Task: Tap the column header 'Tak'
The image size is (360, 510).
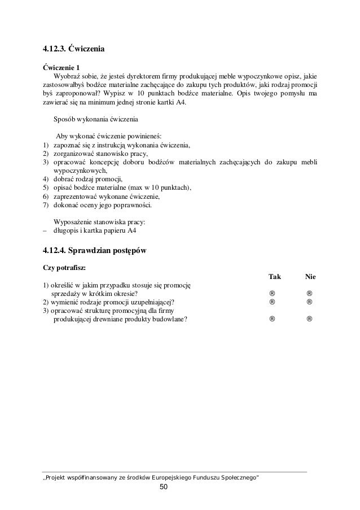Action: [x=274, y=277]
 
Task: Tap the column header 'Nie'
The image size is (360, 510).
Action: [x=310, y=277]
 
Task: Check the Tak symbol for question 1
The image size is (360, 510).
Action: [x=273, y=293]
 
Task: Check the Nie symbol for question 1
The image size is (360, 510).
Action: [x=310, y=293]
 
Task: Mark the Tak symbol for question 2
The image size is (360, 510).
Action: [x=273, y=302]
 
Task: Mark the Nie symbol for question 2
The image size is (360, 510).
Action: [x=310, y=302]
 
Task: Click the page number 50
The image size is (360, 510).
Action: [x=164, y=487]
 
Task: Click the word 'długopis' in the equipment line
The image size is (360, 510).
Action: [x=65, y=230]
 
